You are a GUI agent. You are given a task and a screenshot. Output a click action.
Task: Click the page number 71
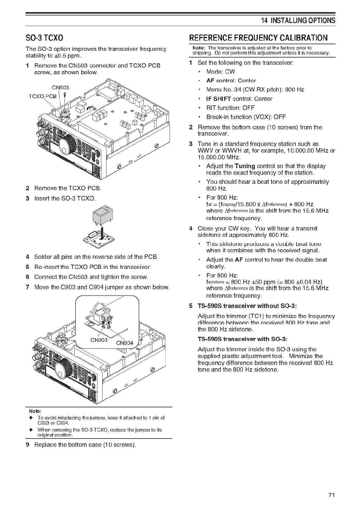coord(331,495)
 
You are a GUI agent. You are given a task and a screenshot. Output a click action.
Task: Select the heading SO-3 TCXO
coord(44,38)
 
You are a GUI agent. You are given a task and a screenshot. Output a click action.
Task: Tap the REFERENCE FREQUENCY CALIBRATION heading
coord(258,38)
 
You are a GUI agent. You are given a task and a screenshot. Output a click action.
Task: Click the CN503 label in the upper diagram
coord(60,88)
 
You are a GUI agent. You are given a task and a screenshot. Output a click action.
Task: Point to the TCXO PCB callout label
coord(42,96)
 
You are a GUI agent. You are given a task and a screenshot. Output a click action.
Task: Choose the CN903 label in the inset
coord(99,340)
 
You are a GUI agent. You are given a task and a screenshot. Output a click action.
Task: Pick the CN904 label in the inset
coord(125,343)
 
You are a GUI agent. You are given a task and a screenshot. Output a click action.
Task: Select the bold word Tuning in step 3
coord(245,166)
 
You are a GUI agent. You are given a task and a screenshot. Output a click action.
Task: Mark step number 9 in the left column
coord(28,445)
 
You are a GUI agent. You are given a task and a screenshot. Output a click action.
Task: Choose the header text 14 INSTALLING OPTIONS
coord(298,20)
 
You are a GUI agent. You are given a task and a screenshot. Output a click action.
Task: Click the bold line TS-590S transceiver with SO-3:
coord(242,339)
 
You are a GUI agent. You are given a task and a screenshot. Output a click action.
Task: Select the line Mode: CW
coord(220,71)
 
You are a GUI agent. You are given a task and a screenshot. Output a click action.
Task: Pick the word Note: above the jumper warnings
coord(35,411)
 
